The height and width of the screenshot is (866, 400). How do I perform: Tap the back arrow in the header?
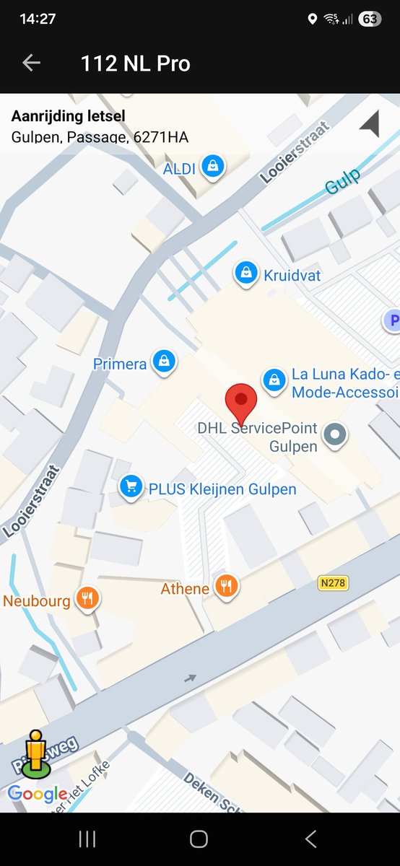[31, 63]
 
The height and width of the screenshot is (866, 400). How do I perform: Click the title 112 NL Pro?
[135, 64]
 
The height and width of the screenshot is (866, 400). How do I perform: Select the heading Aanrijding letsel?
[68, 115]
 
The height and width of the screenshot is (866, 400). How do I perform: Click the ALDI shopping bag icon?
[213, 167]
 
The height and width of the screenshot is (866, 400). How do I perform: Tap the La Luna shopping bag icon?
[274, 379]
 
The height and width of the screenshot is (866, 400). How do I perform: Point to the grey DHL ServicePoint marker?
[334, 434]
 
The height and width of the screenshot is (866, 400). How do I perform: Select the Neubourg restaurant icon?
[88, 598]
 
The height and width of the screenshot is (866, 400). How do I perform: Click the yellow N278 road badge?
[332, 582]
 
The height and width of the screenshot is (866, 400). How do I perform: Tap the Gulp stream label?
[342, 180]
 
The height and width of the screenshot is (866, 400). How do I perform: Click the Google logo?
[38, 795]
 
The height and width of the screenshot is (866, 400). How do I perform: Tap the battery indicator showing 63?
[370, 19]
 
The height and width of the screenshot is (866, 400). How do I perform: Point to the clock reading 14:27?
[38, 19]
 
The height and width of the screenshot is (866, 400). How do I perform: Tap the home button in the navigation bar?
[199, 839]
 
